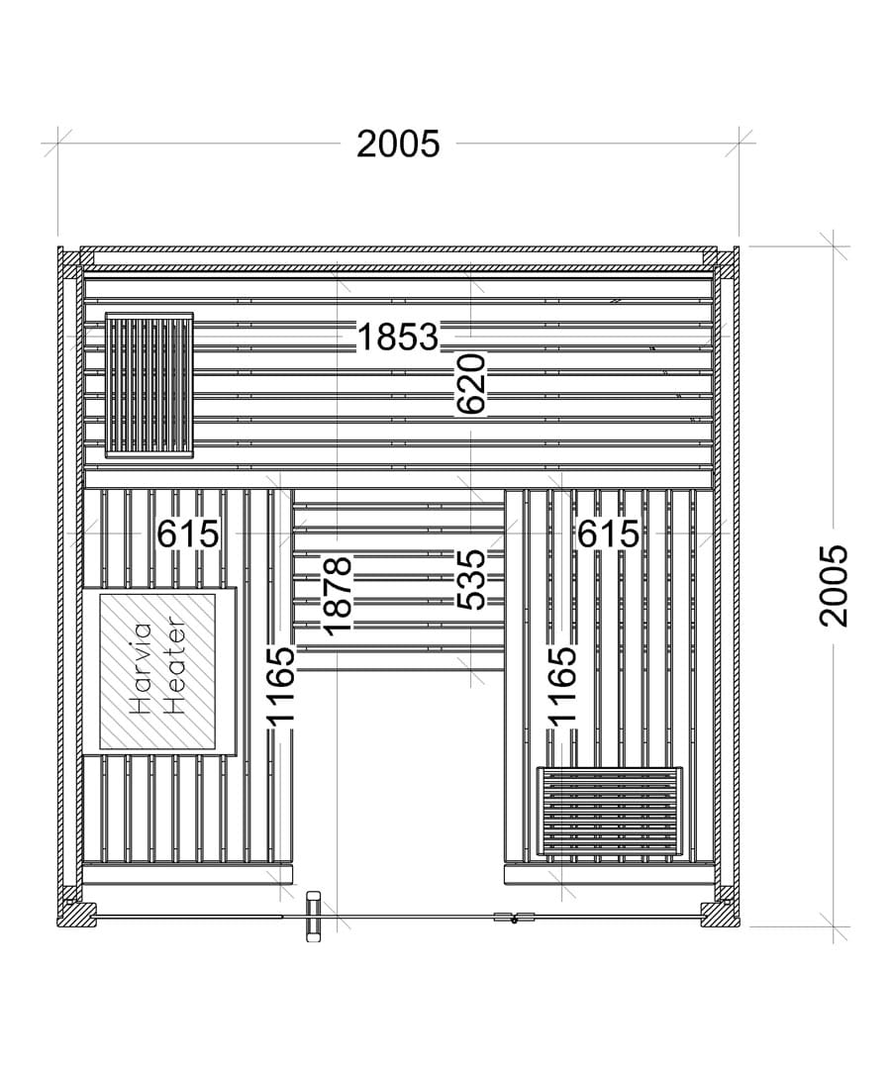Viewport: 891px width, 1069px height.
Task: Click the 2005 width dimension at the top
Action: coord(398,144)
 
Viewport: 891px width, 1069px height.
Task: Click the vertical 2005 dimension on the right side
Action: coord(834,586)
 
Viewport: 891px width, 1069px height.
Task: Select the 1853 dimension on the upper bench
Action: coord(397,337)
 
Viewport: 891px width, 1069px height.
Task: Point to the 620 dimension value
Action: coord(471,383)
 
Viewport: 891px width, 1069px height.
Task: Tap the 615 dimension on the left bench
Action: coord(188,534)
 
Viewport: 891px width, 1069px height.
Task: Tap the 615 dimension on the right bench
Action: coord(609,534)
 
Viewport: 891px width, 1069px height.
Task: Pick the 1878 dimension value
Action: coord(338,596)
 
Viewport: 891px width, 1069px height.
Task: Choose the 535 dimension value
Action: coord(471,580)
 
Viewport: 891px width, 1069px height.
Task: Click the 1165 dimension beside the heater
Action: coord(280,685)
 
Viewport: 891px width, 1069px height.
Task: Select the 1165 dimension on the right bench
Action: coord(561,685)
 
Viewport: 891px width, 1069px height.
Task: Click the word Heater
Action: coord(174,665)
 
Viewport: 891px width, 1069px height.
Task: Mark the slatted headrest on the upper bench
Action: coord(149,385)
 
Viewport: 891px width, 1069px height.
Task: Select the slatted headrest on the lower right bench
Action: coord(610,812)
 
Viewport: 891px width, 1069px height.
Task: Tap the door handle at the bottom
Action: coord(314,917)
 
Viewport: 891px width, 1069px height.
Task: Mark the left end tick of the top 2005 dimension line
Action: coord(58,144)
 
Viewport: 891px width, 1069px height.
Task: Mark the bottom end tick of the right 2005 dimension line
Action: coord(834,926)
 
